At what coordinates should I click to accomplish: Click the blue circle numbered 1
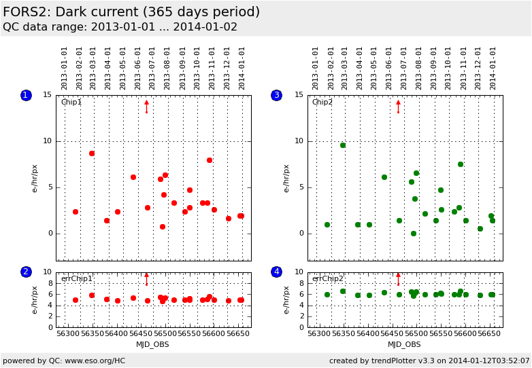26,95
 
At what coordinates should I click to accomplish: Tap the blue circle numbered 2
26,272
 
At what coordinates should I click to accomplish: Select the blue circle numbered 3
276,95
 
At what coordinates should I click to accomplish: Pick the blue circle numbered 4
276,272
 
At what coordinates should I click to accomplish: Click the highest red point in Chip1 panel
92,153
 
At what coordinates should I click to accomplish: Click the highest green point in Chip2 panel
343,145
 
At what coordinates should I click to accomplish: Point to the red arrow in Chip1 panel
146,107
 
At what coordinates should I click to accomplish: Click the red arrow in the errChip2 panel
399,279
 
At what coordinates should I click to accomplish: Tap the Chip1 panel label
71,102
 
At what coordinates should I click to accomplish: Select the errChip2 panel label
328,278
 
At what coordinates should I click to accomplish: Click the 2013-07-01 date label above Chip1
152,69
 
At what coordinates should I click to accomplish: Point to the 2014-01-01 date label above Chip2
493,69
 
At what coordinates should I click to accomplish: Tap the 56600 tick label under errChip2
465,333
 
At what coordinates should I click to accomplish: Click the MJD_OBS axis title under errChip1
152,345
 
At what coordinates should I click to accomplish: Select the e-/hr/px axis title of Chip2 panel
286,179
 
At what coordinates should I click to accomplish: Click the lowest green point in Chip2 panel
413,234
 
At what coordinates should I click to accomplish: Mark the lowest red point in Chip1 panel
163,227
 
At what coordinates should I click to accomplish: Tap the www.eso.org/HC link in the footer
95,361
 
